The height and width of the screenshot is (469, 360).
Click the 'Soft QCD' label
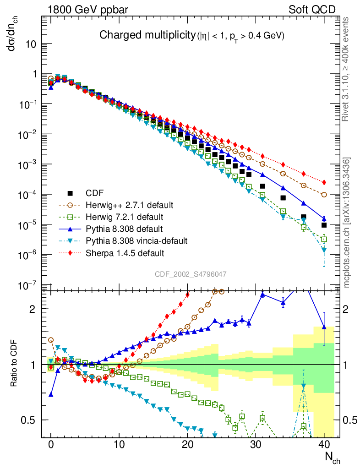312,9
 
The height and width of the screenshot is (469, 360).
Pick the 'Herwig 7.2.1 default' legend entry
120,217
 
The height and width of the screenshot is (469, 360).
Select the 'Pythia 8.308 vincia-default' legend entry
130,240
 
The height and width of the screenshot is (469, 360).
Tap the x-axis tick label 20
187,444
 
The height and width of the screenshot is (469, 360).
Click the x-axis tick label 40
324,444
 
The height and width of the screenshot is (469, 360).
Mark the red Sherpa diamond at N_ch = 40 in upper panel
324,182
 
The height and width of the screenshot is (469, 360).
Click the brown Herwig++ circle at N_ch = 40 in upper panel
324,195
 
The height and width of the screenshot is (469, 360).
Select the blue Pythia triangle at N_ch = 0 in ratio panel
51,394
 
